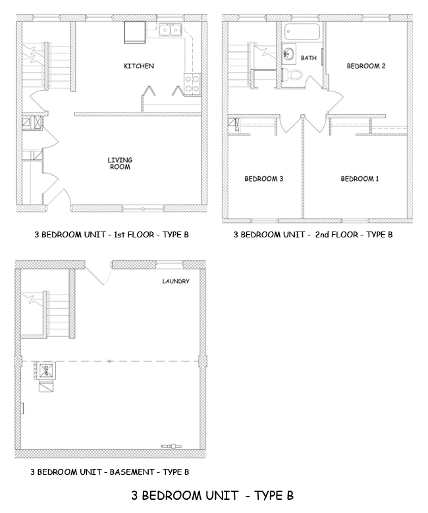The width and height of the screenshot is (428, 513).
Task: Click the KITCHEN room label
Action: (139, 66)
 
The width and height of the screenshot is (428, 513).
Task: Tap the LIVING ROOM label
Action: (120, 163)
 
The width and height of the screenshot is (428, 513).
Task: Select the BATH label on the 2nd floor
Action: (308, 59)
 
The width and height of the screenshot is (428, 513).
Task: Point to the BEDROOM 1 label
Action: (360, 179)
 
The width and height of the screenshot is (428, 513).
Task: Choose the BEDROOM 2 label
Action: (366, 66)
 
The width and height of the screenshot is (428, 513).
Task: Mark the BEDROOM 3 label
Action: (263, 179)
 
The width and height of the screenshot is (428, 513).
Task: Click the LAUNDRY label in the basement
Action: (176, 281)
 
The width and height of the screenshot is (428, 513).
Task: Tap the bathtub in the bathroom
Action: (302, 32)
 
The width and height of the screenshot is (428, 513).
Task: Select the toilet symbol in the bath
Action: (294, 75)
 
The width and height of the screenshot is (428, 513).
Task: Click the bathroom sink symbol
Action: (289, 54)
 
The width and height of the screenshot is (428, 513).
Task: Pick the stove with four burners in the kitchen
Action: (192, 83)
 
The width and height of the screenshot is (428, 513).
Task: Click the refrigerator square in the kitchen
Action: (136, 32)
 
